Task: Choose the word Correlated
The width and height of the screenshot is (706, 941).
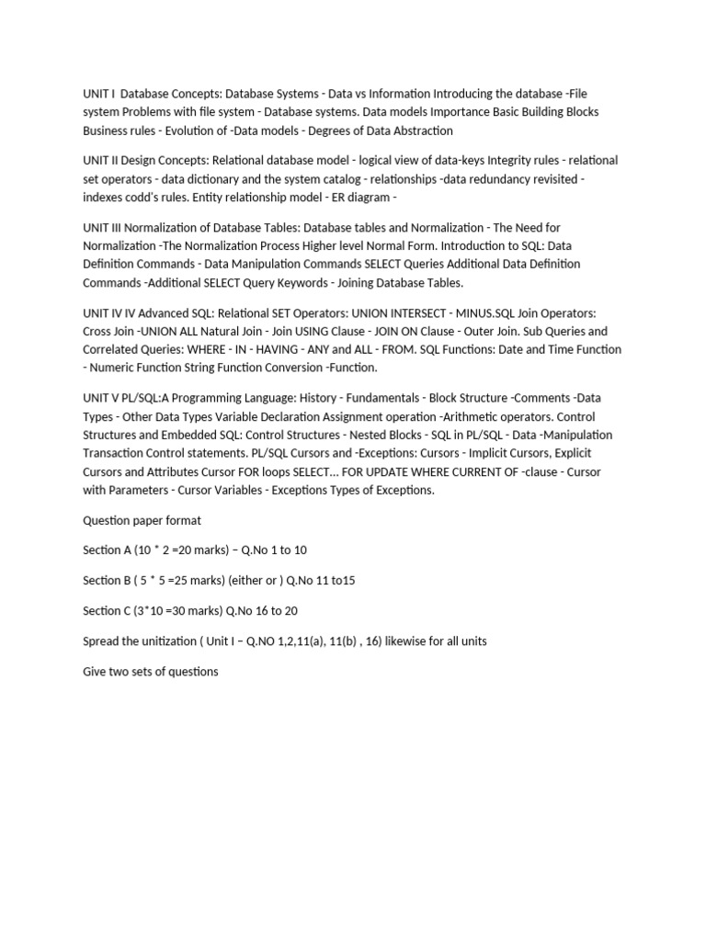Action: tap(114, 349)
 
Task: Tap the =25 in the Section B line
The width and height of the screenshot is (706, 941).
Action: tap(170, 580)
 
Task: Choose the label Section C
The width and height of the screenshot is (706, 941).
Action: tap(105, 610)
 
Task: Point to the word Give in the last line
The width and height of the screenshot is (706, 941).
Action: tap(95, 671)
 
